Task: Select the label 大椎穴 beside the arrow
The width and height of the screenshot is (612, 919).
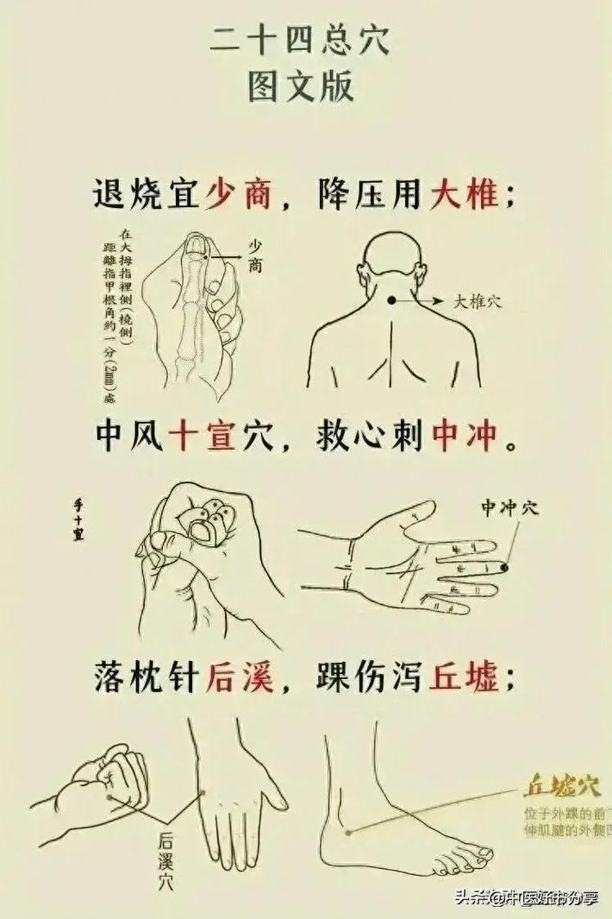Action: [478, 301]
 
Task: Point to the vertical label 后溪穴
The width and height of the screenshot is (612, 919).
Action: [165, 858]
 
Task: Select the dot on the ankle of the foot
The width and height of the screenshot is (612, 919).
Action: [348, 833]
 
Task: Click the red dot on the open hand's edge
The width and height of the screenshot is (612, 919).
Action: [202, 791]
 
